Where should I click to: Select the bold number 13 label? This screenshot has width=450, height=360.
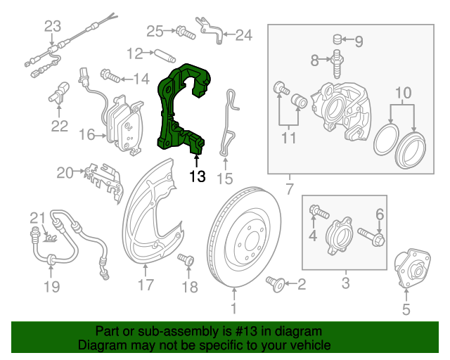(x=197, y=176)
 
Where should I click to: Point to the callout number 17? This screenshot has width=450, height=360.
(x=145, y=285)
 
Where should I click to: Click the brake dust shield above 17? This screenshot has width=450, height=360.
(x=151, y=218)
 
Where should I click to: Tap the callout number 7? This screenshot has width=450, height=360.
(x=288, y=189)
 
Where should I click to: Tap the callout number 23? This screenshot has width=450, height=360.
(x=53, y=27)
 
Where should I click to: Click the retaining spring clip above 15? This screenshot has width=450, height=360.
(x=229, y=123)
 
